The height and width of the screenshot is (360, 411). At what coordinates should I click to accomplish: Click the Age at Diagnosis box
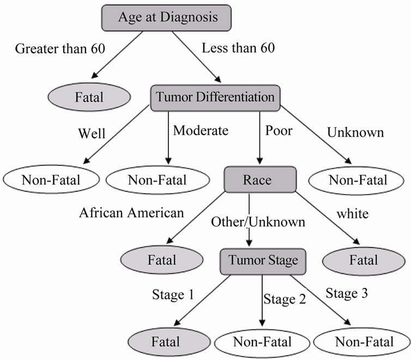click(166, 18)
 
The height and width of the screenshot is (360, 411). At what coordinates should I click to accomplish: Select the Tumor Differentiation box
click(215, 98)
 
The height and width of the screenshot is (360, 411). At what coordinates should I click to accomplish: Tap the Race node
click(260, 179)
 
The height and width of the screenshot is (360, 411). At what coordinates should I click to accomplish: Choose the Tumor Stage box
click(263, 261)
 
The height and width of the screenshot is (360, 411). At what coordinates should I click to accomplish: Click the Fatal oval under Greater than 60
click(89, 97)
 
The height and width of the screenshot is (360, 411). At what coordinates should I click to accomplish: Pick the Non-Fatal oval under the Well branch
click(51, 179)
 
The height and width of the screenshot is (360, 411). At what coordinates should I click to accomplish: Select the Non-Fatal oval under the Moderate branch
click(158, 180)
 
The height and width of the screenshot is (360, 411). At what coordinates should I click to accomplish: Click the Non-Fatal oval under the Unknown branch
click(356, 181)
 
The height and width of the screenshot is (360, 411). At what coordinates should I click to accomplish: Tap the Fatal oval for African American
click(162, 260)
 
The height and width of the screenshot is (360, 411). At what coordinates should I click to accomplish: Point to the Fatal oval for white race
click(364, 261)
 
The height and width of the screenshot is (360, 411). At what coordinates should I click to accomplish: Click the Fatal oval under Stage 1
click(170, 342)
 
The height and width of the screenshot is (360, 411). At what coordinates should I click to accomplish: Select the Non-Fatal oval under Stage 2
click(262, 343)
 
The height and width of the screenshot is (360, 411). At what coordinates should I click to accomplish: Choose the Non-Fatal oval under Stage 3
click(362, 342)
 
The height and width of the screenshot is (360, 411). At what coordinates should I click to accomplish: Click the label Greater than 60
click(60, 49)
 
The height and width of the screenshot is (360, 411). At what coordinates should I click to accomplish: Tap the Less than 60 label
click(238, 48)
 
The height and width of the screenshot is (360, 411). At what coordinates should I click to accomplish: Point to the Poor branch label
click(279, 130)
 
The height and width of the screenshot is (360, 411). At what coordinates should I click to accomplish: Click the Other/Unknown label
click(258, 222)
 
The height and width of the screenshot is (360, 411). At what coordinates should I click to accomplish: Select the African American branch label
click(131, 213)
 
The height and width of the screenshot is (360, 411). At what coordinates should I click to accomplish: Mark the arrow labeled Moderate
click(168, 138)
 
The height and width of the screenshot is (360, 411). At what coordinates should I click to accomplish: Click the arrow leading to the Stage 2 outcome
click(262, 301)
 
